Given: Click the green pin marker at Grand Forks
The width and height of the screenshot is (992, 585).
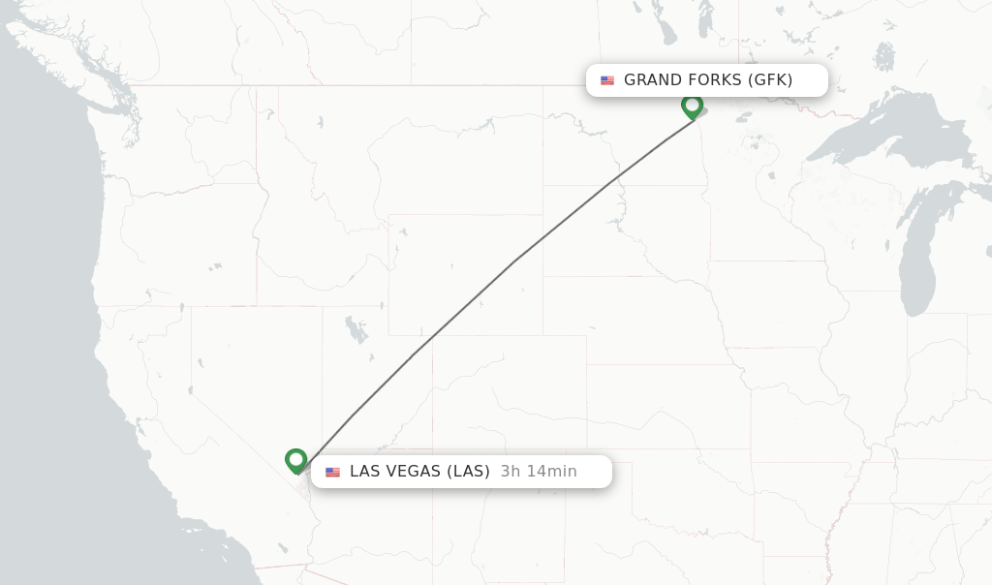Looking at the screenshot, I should tap(692, 105).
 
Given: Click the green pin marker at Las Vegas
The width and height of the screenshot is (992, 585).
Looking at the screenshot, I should tap(296, 460).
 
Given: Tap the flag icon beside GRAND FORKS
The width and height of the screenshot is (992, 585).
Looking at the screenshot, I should tap(607, 80).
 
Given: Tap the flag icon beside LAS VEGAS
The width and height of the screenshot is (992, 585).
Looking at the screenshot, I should tap(333, 473).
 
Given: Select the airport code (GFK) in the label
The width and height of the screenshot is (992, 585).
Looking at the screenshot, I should tap(770, 80).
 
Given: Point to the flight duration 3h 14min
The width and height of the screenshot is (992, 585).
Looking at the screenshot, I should tap(539, 472).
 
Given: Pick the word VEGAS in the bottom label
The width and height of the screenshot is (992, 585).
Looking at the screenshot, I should tap(413, 472).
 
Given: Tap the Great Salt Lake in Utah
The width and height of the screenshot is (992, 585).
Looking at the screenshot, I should tap(356, 329).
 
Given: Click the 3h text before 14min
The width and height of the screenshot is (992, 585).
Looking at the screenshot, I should tap(511, 472).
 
